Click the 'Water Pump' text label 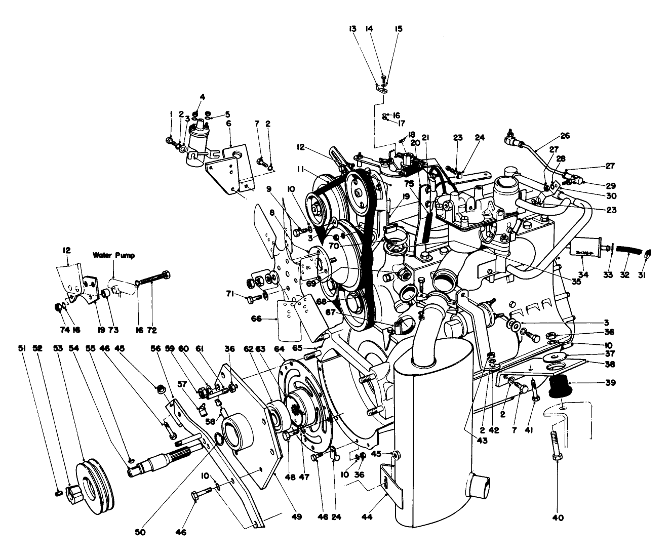113,256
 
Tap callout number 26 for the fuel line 565,136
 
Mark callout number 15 399,29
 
